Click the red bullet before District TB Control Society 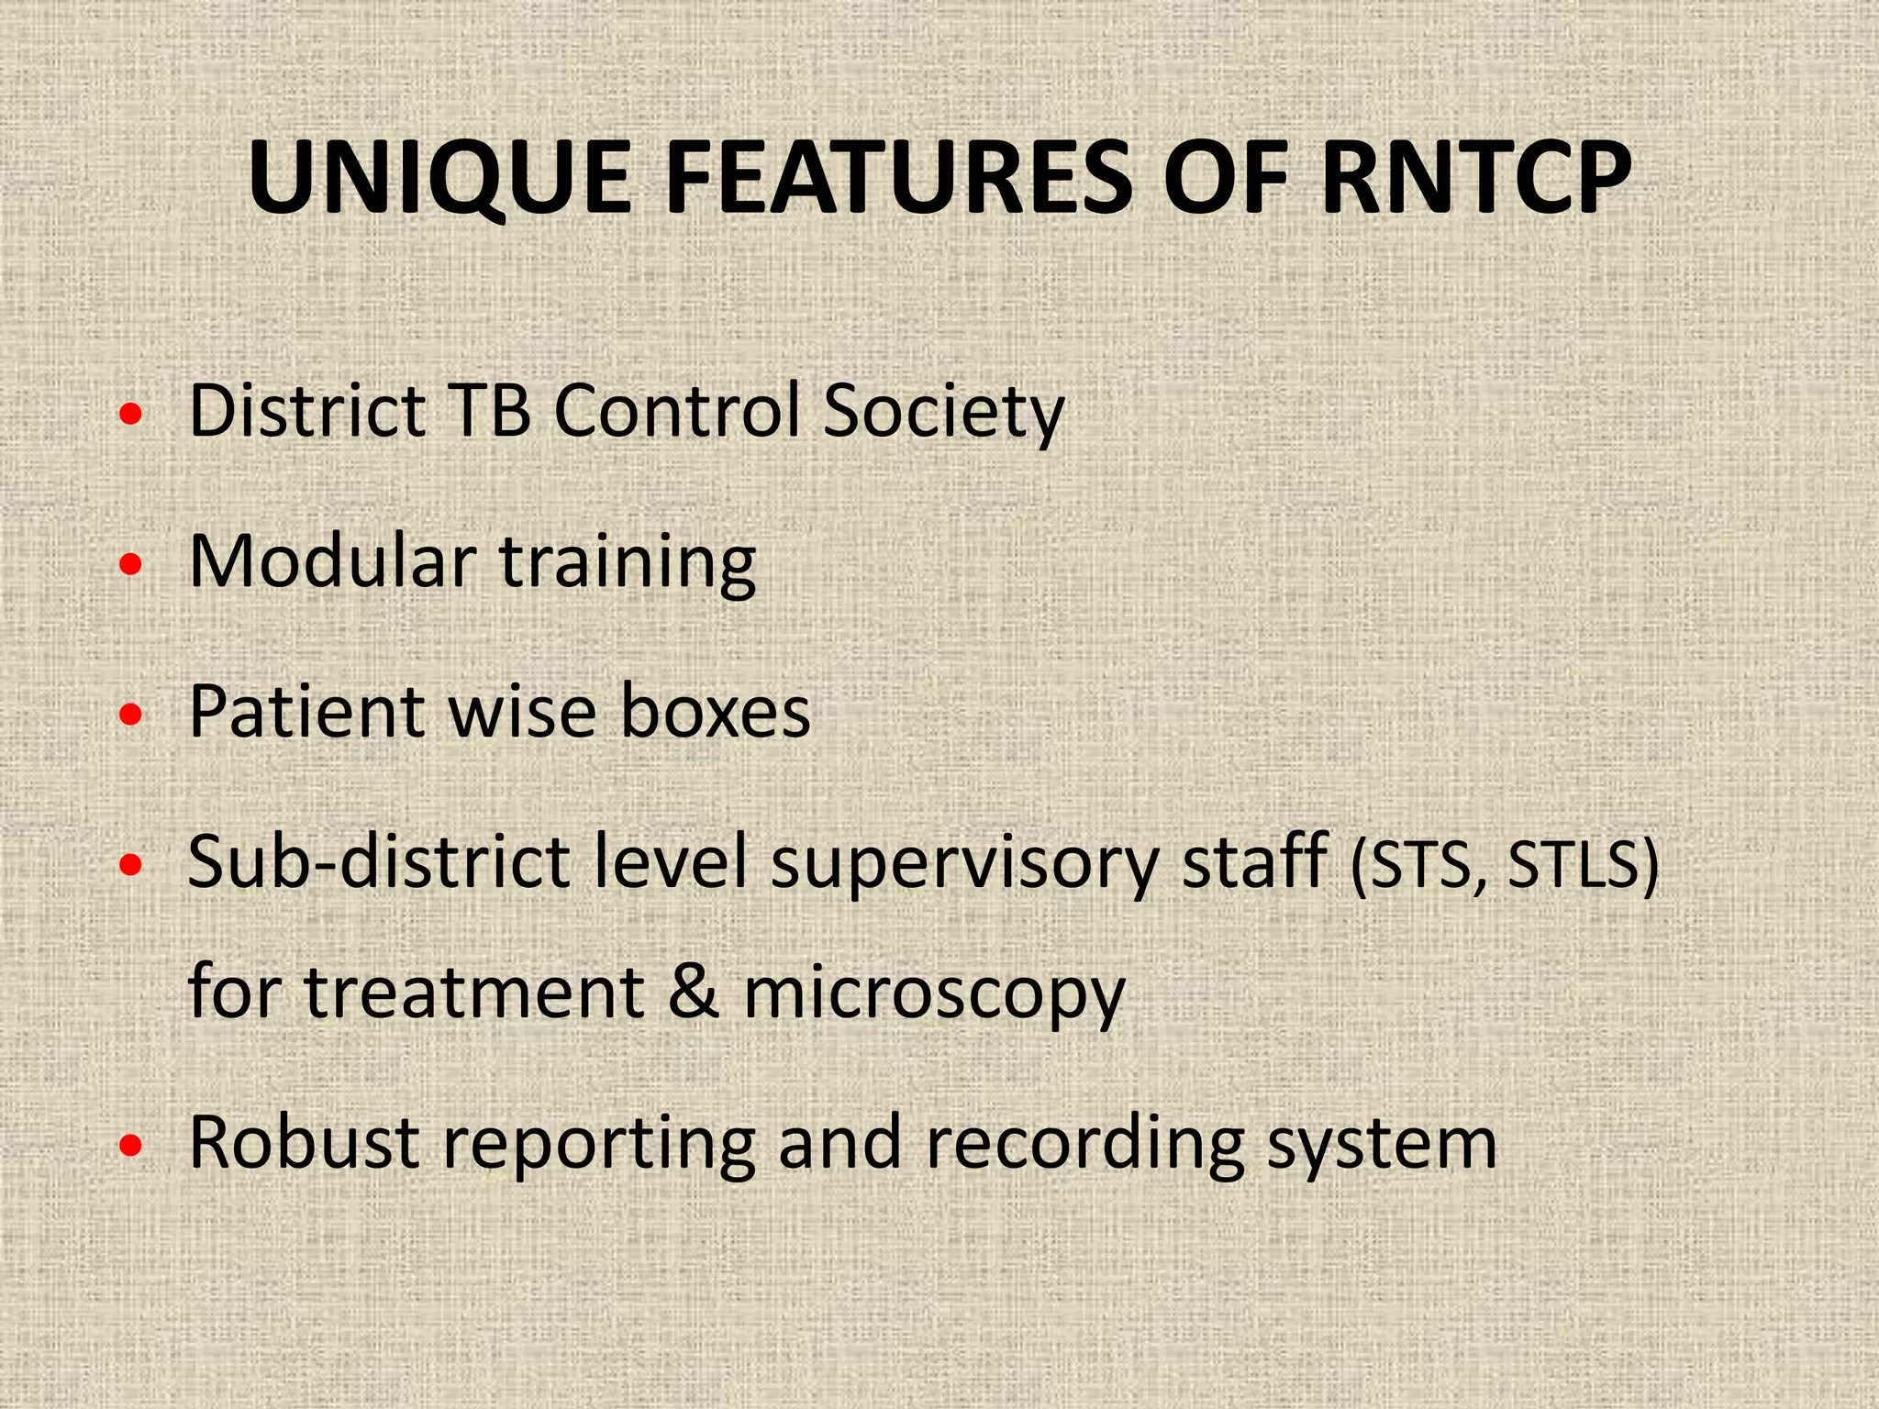click(131, 415)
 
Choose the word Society click(943, 413)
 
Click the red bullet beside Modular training click(131, 564)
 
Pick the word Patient click(306, 711)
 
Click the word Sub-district click(378, 862)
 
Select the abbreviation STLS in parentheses click(1573, 864)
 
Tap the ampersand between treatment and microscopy click(694, 993)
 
